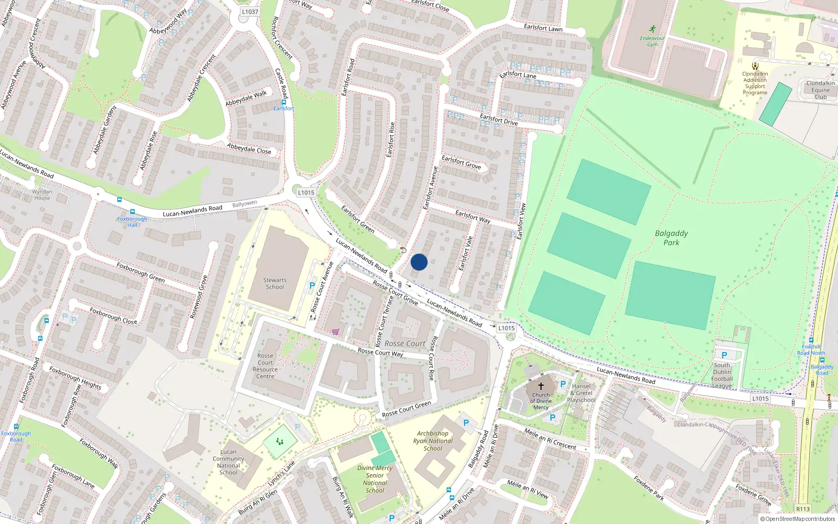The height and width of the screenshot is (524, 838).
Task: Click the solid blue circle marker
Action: point(419,262)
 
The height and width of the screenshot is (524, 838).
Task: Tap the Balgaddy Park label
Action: point(671,238)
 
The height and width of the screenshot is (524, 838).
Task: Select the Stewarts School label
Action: point(274,283)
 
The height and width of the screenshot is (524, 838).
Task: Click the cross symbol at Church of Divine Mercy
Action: point(541,386)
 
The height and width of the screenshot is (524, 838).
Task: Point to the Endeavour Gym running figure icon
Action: point(652,29)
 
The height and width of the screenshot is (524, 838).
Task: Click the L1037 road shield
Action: point(250,12)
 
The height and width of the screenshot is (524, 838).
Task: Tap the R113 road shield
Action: point(802,509)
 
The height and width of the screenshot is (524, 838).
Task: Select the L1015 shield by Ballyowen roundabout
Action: point(306,192)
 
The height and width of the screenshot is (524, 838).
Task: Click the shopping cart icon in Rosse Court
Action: point(335,332)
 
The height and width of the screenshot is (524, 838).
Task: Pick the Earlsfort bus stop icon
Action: point(284,102)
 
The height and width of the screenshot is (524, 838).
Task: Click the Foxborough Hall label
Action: point(132,222)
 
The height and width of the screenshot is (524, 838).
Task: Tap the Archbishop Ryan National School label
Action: point(433,441)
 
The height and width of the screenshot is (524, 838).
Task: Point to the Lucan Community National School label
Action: point(228,462)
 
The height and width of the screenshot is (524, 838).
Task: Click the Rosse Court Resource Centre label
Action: point(265,366)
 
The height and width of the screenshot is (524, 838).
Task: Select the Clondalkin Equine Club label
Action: point(820,90)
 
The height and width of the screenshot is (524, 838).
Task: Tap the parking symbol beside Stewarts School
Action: point(312,286)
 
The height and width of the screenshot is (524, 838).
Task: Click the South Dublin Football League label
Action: point(722,375)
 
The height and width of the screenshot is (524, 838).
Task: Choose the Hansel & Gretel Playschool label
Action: point(581,393)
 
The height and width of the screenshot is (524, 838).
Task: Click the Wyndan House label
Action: point(42,194)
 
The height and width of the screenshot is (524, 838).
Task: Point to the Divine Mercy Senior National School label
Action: point(375,479)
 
